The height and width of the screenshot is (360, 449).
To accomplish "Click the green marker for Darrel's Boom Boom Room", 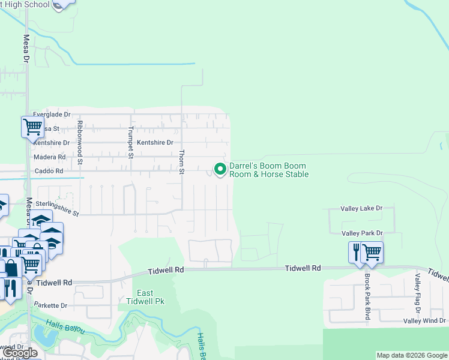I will coord(220,169).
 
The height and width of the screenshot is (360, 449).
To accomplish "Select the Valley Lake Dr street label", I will coord(361,208).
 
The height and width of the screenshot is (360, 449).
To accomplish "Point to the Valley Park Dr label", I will coord(362,233).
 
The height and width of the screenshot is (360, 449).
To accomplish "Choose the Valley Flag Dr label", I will coord(418,293).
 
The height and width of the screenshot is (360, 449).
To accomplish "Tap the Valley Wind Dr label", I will coord(424,321).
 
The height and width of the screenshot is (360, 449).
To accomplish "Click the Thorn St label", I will coord(181,162).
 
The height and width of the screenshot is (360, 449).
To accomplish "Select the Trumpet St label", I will coord(131,143).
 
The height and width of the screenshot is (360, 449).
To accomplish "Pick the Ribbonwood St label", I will coord(79,143).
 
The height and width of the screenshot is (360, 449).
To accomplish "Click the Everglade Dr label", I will coord(52,114).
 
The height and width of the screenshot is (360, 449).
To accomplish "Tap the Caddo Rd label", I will coord(51,171).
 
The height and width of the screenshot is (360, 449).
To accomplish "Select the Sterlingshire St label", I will coord(57,208).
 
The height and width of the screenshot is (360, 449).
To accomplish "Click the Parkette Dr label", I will coord(50,305).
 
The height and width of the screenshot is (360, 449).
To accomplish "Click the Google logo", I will coord(20,353).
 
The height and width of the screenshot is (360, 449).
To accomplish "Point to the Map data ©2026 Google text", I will coord(412,355).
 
